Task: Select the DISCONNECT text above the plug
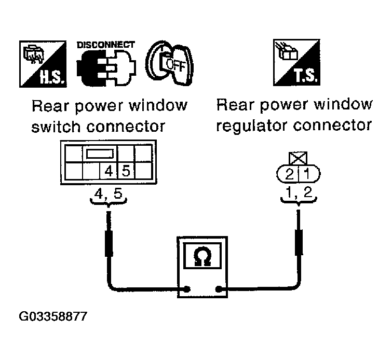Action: [105, 45]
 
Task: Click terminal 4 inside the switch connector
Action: [109, 170]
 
